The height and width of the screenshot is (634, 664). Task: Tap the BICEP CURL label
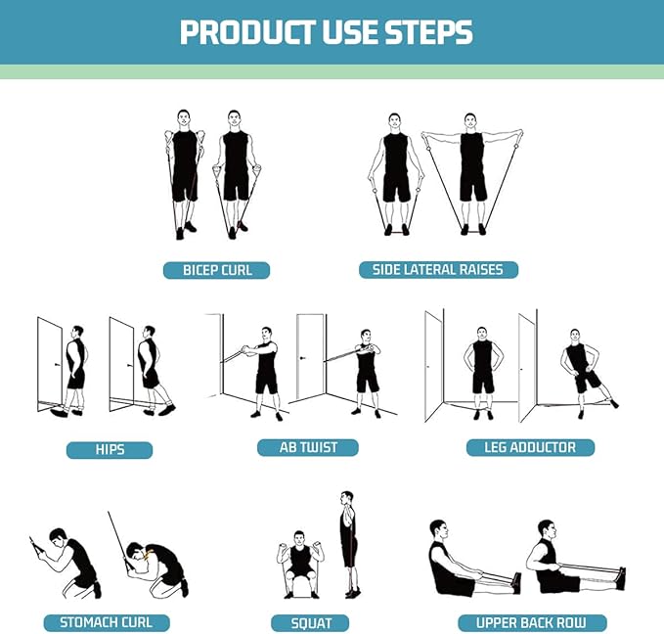(215, 270)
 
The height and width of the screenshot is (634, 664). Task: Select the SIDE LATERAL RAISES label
(438, 269)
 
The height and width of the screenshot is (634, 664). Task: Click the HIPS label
(110, 450)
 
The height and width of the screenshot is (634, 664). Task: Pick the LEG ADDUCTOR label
(529, 447)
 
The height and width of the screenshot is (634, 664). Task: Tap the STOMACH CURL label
(106, 622)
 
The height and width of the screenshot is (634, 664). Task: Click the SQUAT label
(311, 622)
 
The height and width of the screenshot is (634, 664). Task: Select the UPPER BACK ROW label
(532, 622)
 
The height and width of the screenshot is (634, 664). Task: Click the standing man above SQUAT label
(348, 543)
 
